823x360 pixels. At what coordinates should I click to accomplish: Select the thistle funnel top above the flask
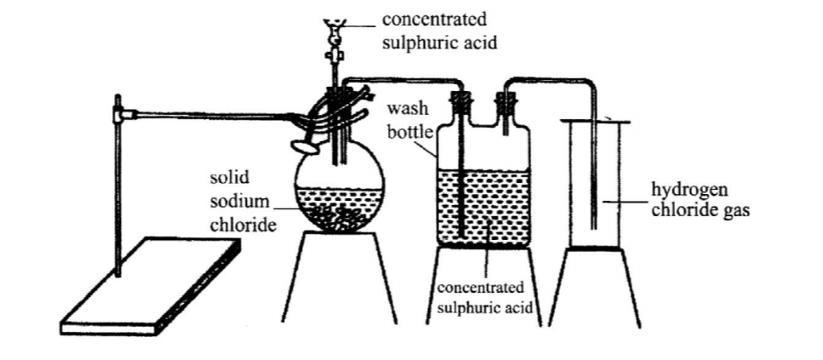(333, 25)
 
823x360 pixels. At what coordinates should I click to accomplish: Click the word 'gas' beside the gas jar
(736, 210)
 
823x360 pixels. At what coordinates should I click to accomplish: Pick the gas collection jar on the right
(597, 183)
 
